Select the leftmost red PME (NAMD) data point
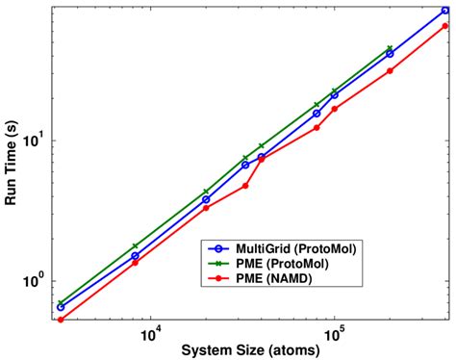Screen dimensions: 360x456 (x=61, y=320)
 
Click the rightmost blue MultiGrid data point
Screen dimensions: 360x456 (x=444, y=12)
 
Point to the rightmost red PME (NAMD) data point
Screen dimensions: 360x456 (x=444, y=26)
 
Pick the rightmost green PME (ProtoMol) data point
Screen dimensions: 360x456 (x=390, y=48)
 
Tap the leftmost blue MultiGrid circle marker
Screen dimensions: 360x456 (x=61, y=307)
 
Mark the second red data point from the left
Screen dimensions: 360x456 (x=135, y=262)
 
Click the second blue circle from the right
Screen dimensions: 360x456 (x=390, y=54)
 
